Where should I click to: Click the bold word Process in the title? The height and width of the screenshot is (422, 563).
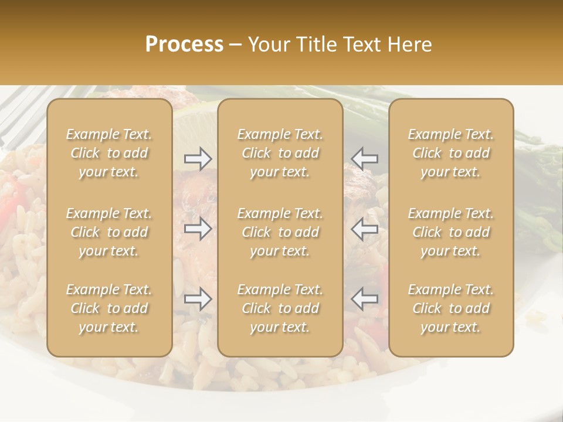pos(184,45)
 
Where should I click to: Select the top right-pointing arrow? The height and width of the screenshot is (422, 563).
pos(198,158)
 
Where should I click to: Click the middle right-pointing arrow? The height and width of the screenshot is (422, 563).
pos(198,229)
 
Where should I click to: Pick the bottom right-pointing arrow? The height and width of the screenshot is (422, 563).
pos(198,299)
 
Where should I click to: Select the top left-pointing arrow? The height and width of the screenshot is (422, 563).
pos(365,158)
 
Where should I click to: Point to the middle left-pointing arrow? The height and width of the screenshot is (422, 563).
pos(365,229)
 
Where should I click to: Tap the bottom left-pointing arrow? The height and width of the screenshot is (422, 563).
pos(365,299)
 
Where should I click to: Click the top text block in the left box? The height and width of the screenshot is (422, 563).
pos(109,153)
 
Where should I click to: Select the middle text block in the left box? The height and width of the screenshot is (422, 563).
pos(109,232)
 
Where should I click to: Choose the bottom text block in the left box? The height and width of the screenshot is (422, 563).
pos(109,308)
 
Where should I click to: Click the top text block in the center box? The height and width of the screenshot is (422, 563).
pos(280,153)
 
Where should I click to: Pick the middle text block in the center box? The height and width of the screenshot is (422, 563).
pos(280,232)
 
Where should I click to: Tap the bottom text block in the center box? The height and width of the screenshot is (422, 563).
pos(280,308)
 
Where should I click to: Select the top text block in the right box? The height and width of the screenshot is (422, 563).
pos(451,153)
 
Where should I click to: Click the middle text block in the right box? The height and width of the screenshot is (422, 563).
pos(451,232)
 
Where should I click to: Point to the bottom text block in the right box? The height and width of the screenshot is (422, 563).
pos(451,308)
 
